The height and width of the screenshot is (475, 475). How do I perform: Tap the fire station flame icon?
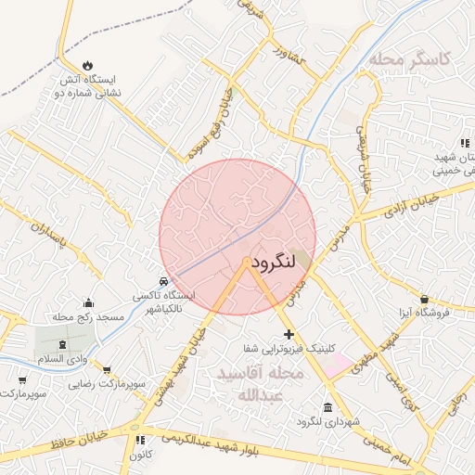pos(88,65)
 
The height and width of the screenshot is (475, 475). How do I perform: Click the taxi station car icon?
pos(163,281)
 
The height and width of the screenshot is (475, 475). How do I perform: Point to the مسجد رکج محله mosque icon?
pos(88,302)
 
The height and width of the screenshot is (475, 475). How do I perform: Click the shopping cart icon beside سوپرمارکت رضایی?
pos(106,369)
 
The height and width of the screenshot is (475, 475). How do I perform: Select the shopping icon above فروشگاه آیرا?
pos(425,300)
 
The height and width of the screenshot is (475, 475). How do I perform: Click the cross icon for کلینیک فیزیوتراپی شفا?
pos(289,333)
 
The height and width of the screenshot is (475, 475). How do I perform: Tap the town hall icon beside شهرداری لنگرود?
pos(327,408)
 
